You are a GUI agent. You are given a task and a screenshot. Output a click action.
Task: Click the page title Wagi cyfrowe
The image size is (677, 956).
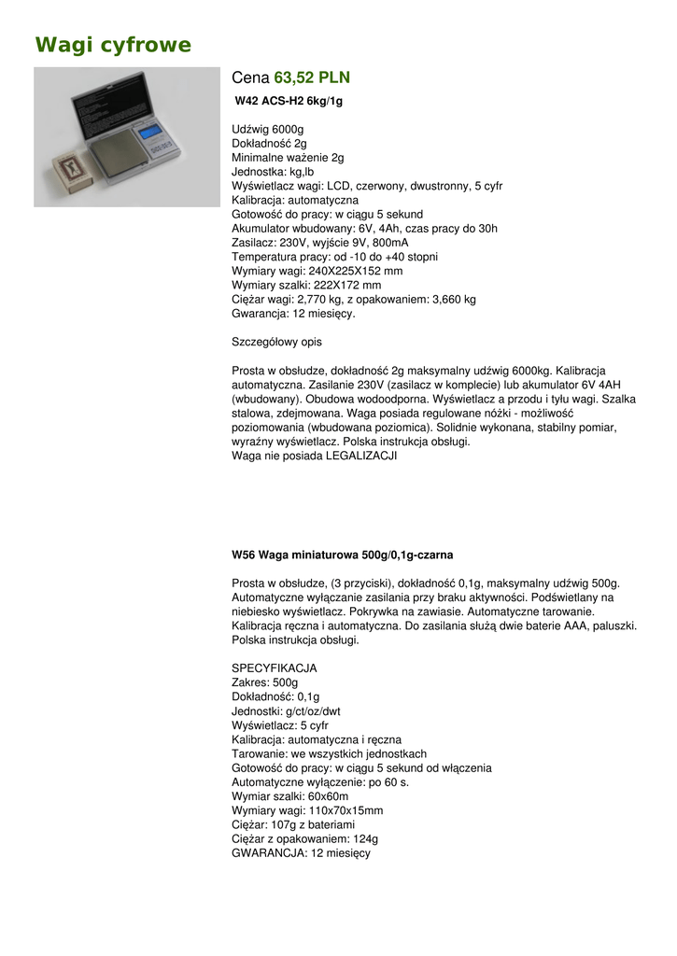tap(113, 45)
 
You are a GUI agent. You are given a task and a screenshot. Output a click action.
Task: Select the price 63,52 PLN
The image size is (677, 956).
tap(312, 77)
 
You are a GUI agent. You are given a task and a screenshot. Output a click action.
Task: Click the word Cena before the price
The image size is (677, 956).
tap(250, 77)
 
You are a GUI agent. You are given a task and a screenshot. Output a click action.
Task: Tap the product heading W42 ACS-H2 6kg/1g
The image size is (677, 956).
tap(289, 101)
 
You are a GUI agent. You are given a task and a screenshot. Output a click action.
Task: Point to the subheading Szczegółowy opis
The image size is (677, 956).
tap(276, 342)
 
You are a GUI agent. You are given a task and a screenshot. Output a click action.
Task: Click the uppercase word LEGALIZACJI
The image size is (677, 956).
tap(364, 456)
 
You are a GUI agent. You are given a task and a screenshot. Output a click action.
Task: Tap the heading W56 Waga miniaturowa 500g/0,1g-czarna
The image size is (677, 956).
tap(342, 555)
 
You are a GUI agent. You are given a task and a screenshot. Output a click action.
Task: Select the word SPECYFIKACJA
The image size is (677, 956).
tap(274, 668)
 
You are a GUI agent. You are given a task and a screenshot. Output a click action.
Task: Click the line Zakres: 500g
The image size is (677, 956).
tap(264, 682)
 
